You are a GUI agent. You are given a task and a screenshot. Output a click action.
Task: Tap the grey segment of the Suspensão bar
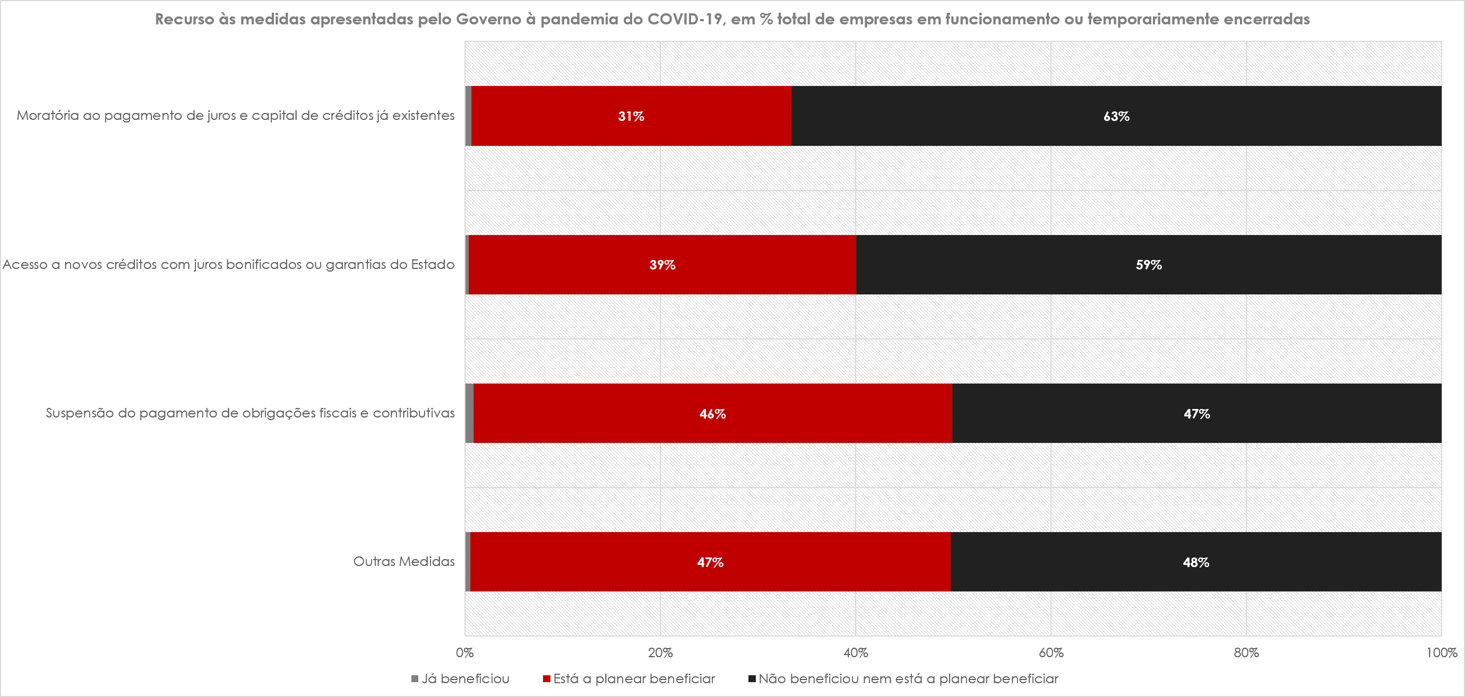click(469, 413)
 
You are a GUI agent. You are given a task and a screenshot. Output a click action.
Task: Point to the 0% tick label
click(464, 652)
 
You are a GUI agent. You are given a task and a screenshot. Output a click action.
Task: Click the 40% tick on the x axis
click(855, 652)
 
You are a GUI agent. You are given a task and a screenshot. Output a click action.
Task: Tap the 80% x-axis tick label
click(1246, 652)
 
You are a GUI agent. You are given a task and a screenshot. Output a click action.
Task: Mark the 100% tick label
click(1441, 652)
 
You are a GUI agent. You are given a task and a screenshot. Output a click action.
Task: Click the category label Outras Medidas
click(404, 562)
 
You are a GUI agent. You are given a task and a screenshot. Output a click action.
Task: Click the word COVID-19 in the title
click(685, 19)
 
